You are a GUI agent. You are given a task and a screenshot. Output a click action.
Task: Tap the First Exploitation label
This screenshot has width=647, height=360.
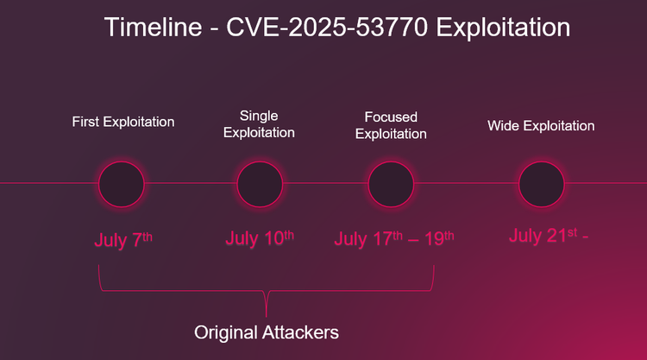(123, 122)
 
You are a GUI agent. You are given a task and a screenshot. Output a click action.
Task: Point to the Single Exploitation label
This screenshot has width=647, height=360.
(259, 124)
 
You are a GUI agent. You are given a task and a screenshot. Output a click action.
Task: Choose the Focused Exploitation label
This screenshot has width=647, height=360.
(391, 125)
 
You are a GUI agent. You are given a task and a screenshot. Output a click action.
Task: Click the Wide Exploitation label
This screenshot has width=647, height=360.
(541, 126)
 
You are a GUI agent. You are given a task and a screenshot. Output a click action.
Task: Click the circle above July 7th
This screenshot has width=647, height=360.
(122, 183)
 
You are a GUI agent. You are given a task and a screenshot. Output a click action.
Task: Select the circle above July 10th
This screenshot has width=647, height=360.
(260, 183)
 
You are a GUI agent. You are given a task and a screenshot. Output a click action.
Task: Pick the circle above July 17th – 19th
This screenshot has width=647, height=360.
(392, 183)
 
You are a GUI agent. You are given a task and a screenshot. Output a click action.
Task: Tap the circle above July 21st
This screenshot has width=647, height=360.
(542, 183)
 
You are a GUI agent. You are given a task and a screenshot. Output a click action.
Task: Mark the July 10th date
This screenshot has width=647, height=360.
(260, 239)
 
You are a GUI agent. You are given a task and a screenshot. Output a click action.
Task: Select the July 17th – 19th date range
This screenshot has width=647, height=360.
(394, 239)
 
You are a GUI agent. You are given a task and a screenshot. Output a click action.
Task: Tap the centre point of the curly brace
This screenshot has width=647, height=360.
(266, 298)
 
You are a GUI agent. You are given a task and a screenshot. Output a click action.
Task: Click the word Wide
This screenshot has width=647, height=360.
(503, 126)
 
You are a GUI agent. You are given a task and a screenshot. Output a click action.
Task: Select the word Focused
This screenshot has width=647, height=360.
(391, 117)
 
